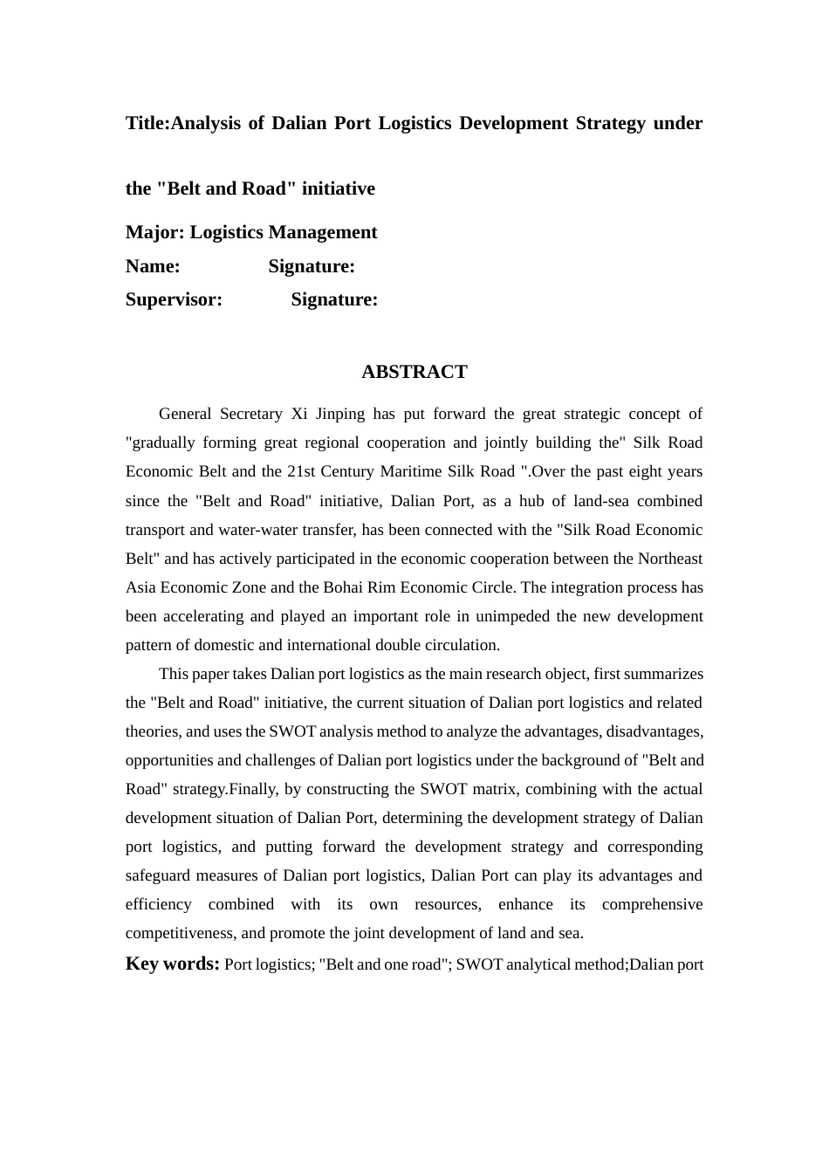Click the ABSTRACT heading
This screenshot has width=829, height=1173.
414,372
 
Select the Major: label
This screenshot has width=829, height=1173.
155,232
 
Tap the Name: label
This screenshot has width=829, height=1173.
153,266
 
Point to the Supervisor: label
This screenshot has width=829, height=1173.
174,299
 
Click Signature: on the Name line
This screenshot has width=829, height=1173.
312,266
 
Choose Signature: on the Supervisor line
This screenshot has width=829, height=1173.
334,299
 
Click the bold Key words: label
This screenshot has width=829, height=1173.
172,964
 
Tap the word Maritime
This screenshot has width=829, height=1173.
410,471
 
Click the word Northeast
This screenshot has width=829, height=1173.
670,559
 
